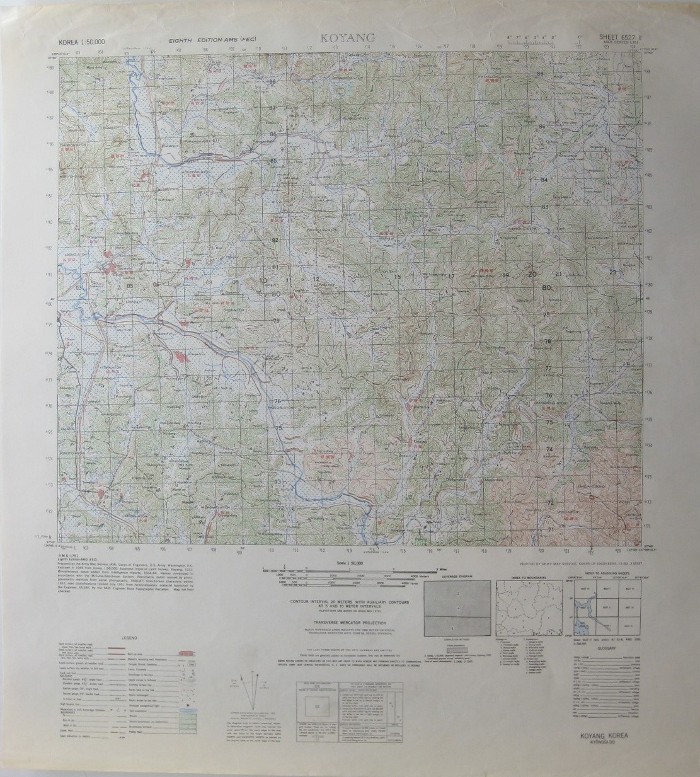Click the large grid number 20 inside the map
coord(532,274)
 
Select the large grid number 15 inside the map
coord(398,277)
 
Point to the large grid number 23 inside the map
coord(612,272)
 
